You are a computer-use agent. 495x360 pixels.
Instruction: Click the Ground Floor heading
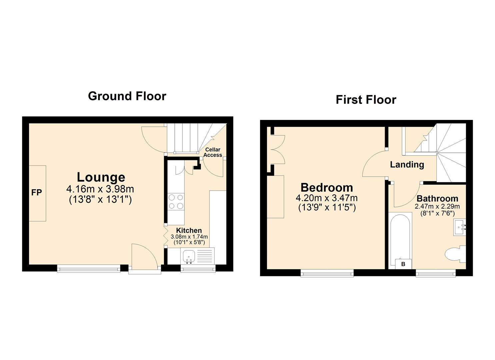point(127,96)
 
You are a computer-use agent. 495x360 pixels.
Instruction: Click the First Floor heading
point(366,100)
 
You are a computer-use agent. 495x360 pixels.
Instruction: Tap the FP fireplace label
point(37,192)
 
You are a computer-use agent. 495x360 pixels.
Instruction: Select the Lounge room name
point(101,177)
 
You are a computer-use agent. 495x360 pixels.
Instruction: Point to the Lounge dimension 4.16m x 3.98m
point(100,189)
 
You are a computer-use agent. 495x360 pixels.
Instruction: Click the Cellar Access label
point(213,152)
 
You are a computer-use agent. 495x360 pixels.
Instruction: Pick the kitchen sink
point(189,256)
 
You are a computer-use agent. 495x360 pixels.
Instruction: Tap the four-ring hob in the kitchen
point(176,201)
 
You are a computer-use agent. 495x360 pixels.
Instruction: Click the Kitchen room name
point(189,230)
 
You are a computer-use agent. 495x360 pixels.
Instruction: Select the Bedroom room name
point(327,187)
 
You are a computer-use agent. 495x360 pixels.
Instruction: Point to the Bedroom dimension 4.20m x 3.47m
point(327,198)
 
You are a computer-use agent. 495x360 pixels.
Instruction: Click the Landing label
point(407,164)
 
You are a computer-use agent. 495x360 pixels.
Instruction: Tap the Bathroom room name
point(437,199)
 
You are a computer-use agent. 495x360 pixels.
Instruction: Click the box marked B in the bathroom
point(403,264)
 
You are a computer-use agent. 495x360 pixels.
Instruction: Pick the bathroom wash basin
point(459,227)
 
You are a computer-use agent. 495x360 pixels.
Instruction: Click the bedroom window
point(327,273)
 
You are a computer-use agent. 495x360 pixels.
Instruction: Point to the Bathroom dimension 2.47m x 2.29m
point(437,207)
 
